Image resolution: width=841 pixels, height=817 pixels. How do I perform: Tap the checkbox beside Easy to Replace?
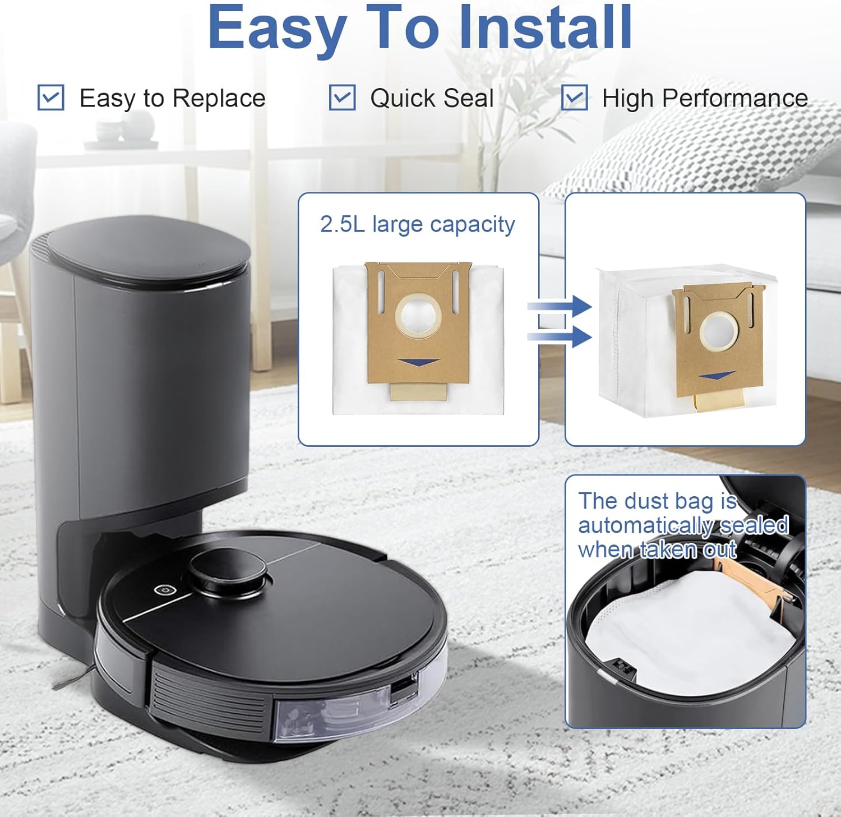point(51,98)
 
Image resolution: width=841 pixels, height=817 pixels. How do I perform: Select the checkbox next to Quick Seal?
point(342,98)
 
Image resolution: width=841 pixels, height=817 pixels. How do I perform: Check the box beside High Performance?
point(575,98)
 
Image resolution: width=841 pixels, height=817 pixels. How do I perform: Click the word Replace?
point(219,99)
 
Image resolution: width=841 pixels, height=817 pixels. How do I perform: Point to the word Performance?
point(734,98)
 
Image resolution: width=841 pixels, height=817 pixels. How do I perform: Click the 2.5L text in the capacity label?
point(342,224)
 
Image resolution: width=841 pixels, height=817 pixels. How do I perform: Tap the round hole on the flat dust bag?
point(418,316)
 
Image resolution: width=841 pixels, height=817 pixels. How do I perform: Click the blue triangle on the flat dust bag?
point(418,362)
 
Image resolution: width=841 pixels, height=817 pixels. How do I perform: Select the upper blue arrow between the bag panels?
point(560,307)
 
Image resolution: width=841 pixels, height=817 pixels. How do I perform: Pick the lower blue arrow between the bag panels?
point(560,336)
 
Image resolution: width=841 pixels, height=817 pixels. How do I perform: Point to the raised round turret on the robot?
point(227,571)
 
